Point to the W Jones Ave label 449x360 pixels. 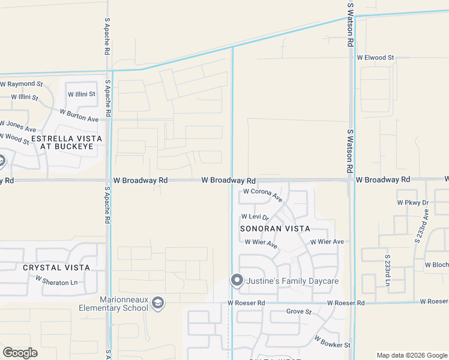18,127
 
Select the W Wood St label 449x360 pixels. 14,139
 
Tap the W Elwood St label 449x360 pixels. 375,58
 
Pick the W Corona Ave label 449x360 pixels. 262,194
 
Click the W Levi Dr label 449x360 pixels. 255,217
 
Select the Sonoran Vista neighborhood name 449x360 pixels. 275,229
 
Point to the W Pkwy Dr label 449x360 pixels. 412,203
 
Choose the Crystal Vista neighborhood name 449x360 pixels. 56,268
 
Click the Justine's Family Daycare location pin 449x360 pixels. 237,280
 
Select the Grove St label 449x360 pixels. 299,312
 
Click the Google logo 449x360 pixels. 20,353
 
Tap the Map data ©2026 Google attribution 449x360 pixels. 411,355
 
